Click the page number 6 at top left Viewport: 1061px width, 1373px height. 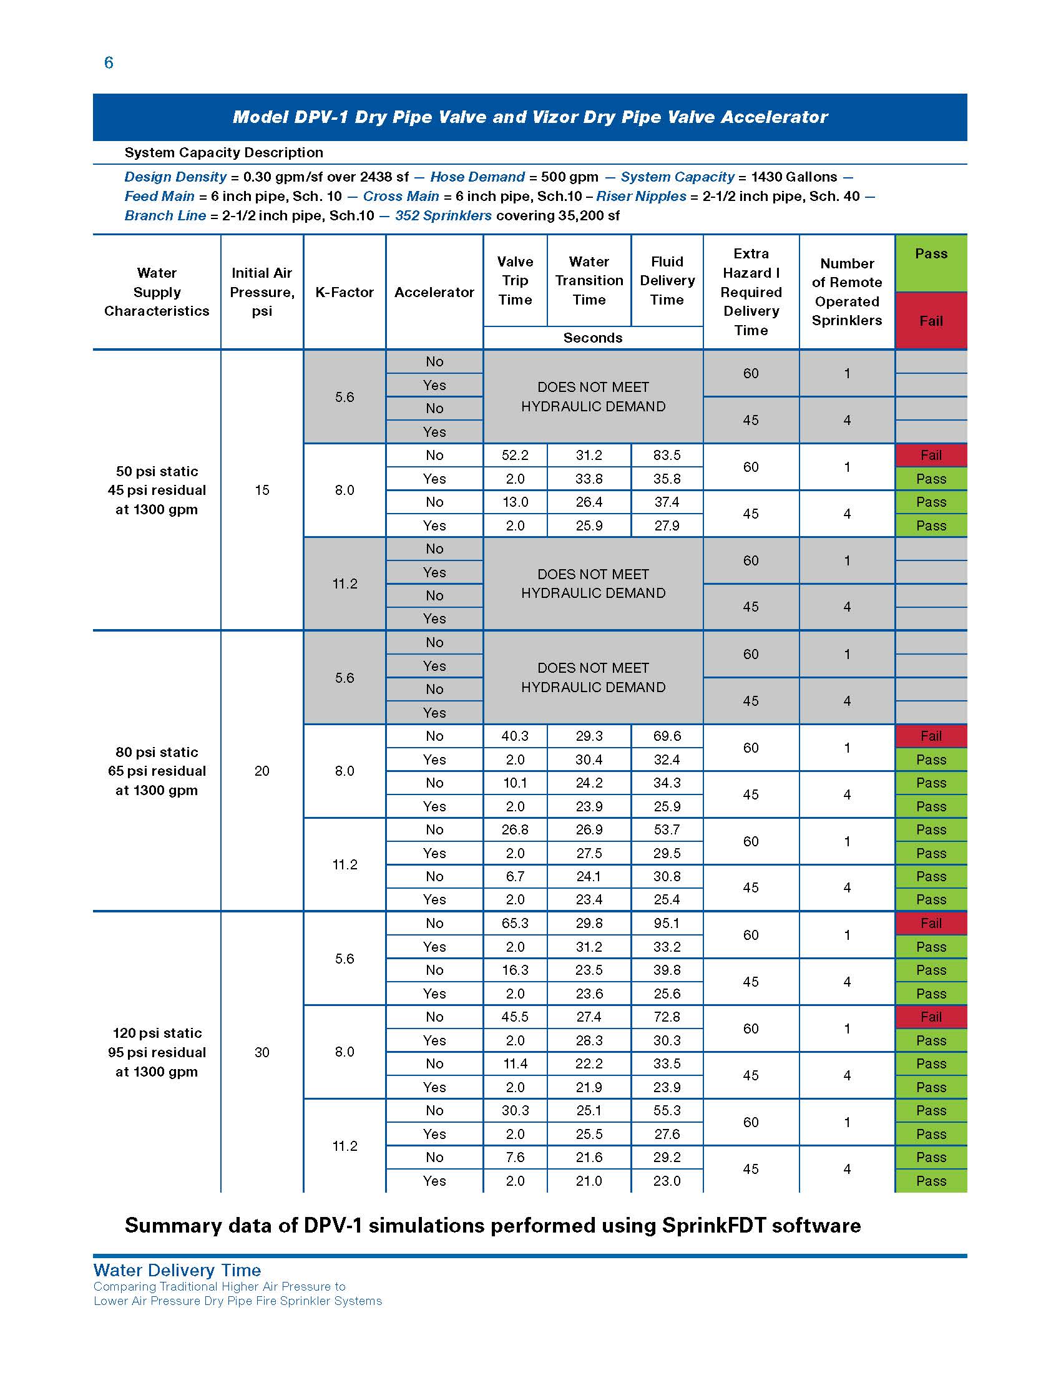109,63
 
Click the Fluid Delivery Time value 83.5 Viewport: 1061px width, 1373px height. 667,455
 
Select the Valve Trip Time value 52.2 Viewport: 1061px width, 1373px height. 515,455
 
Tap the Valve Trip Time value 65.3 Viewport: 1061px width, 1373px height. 515,923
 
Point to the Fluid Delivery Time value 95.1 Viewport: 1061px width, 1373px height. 667,923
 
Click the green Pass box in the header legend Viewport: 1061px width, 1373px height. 931,263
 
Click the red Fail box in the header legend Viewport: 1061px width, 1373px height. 931,321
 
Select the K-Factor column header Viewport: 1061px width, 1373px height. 345,292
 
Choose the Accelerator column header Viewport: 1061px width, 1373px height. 434,292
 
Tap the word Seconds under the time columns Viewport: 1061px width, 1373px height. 593,338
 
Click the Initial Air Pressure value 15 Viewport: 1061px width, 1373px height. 262,490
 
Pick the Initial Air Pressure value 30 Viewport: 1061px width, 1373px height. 262,1052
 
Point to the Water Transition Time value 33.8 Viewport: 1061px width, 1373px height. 589,479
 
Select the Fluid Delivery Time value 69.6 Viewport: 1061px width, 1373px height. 667,736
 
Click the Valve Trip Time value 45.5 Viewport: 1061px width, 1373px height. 515,1017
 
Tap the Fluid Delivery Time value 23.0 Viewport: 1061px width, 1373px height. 667,1181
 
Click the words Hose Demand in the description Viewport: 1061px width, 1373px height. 477,177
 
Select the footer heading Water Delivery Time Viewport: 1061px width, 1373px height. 177,1270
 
